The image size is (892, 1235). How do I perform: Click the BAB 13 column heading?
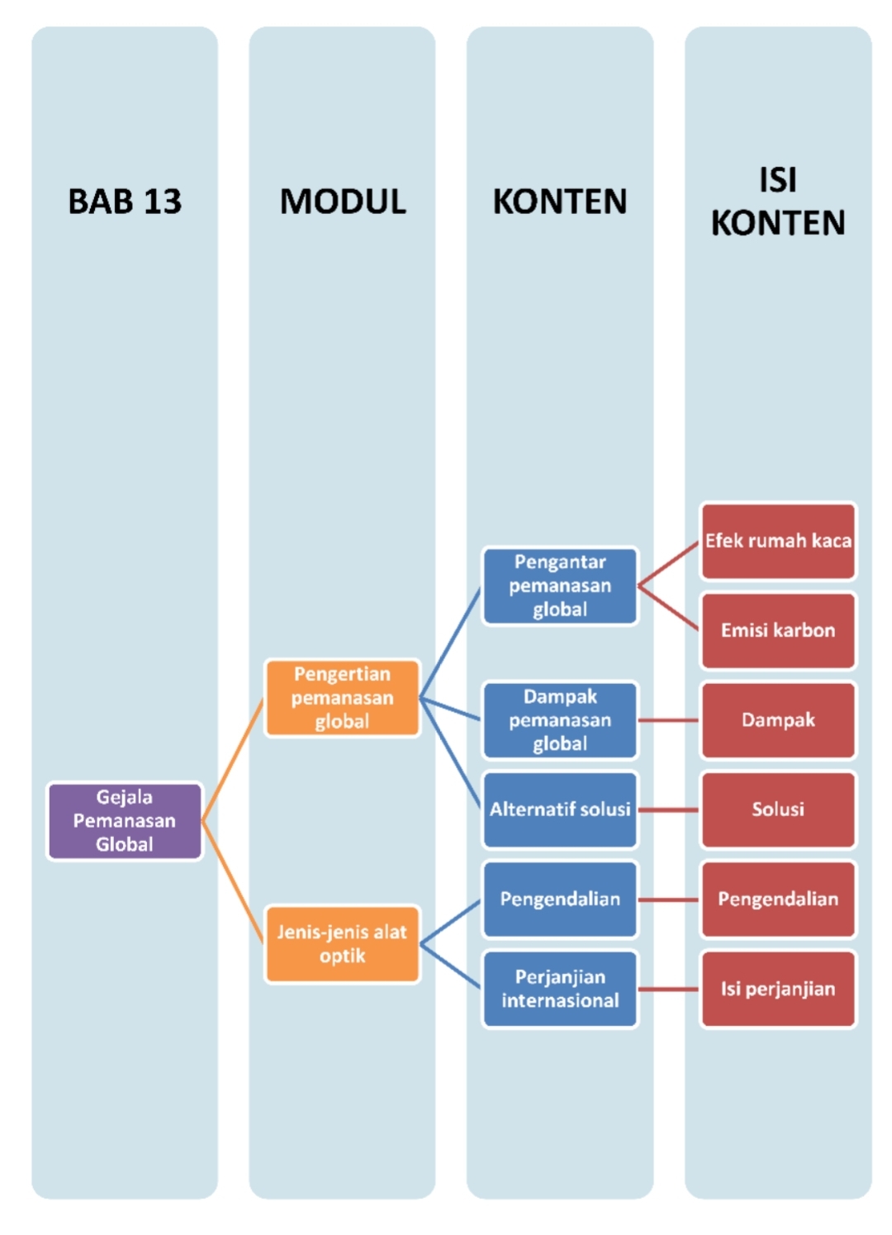(125, 202)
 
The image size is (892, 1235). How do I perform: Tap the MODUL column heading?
(343, 202)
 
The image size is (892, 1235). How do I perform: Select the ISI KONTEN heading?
(778, 202)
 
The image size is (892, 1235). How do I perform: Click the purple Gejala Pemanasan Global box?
(125, 820)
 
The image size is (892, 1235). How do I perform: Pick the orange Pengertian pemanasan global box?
(342, 698)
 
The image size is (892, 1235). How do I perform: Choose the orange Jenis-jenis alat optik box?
(342, 943)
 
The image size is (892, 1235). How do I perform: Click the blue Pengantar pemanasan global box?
(560, 586)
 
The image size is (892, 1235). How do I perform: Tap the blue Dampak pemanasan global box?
(560, 720)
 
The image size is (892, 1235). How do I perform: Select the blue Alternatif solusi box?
(560, 810)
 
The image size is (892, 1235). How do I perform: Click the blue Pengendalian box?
(560, 899)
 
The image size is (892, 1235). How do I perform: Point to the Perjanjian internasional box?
(560, 989)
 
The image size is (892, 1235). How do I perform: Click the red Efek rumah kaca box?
(778, 541)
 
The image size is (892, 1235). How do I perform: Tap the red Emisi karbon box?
(778, 630)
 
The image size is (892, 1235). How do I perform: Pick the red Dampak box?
(778, 720)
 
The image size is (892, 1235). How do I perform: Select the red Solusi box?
(778, 810)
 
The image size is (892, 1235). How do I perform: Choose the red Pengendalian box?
(778, 899)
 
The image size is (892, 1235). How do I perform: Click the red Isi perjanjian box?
(778, 989)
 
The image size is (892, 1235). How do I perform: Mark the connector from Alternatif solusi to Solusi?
(669, 810)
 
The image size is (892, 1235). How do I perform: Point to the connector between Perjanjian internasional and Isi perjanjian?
(669, 989)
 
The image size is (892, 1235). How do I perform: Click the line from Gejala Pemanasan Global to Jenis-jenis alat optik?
(233, 882)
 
